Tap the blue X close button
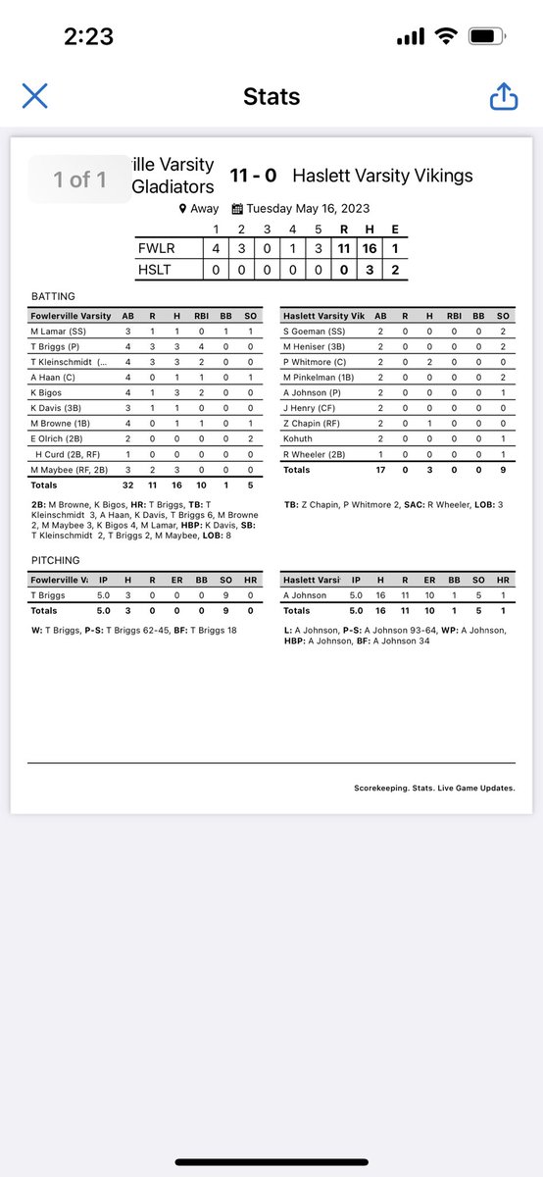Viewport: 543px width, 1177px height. coord(34,96)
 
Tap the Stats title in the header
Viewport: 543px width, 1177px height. coord(271,96)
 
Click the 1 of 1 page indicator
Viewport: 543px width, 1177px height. coord(81,179)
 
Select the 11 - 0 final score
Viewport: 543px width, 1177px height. coord(253,177)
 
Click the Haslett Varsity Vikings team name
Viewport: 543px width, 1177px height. coord(382,177)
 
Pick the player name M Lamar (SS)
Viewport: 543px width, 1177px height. coord(59,333)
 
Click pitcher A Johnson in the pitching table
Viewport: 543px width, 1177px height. coord(306,594)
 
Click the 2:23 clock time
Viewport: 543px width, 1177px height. coord(89,37)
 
